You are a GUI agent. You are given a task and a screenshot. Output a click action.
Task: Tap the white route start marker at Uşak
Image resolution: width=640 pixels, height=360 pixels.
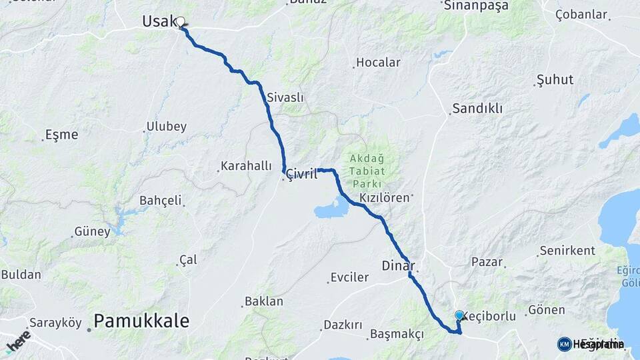point(180,22)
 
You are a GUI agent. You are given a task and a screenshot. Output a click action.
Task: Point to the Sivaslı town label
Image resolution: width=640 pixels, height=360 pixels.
point(285,97)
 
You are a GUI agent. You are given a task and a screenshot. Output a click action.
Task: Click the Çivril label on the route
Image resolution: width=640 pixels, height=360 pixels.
point(301,174)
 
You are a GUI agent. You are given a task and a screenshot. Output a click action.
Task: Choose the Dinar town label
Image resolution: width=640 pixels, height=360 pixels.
point(398,265)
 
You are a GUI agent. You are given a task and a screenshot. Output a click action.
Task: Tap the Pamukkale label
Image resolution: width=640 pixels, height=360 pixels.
point(141,321)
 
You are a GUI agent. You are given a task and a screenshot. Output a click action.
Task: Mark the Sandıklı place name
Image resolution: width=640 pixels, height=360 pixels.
point(477,108)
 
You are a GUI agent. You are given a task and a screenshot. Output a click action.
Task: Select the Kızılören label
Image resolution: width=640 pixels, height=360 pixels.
point(383,198)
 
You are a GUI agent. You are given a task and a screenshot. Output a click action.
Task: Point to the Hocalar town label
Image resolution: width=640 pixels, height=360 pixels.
point(378,63)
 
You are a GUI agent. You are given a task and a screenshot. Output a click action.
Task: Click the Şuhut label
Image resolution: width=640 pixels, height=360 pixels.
point(555,80)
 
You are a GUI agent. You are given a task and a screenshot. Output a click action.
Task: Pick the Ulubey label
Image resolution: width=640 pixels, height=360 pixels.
point(167,127)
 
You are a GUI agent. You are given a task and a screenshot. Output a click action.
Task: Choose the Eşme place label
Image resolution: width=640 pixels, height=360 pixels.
point(61,135)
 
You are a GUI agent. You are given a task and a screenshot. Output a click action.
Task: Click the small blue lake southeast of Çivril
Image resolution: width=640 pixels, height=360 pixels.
point(331,211)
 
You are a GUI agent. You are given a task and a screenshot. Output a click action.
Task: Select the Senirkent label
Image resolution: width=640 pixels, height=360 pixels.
point(567,251)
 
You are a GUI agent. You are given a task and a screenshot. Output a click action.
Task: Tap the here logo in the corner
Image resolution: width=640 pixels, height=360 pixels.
point(18,341)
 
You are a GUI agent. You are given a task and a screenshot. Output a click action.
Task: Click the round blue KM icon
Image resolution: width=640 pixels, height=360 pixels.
point(564,344)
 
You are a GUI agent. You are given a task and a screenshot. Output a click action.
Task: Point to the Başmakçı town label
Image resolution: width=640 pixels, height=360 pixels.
point(396,334)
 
